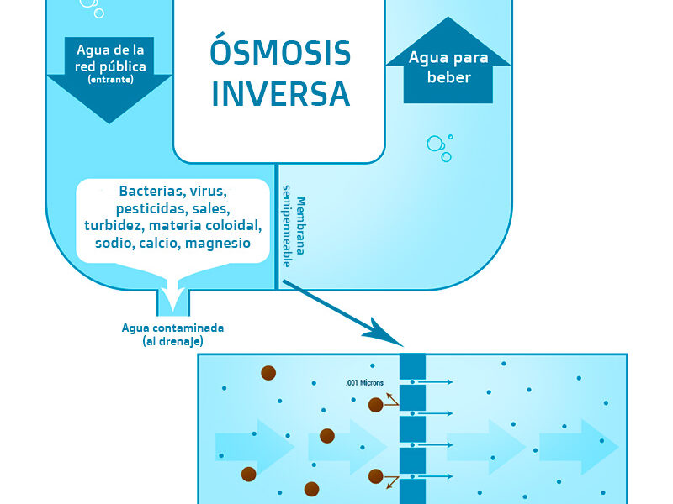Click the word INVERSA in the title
click(281, 93)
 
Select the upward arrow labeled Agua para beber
click(448, 60)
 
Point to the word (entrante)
click(110, 79)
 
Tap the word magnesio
click(218, 244)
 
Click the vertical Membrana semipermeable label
click(294, 226)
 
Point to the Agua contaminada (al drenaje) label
click(172, 334)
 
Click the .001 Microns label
click(364, 383)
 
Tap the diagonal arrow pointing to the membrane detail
click(343, 312)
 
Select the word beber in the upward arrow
click(449, 77)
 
